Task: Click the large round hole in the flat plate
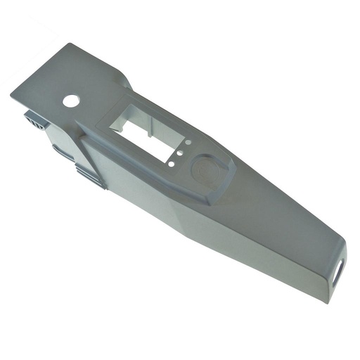[x=71, y=101]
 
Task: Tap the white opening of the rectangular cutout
[x=141, y=129]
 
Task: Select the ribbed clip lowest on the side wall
[x=90, y=176]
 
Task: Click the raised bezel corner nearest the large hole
[x=79, y=129]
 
